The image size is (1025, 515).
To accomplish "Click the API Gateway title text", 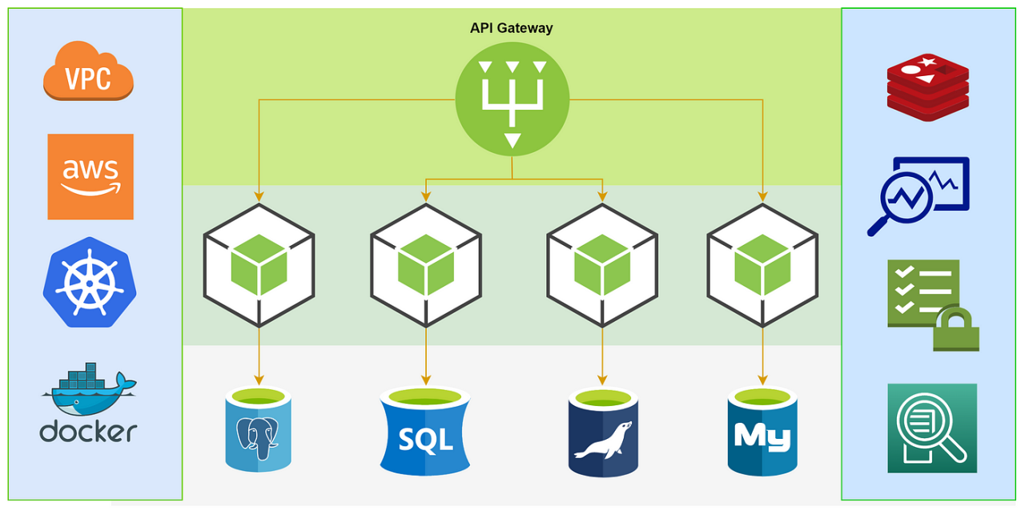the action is click(x=511, y=28).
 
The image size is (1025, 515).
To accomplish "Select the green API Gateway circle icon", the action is click(x=512, y=99).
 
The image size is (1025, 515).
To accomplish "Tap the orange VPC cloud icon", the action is click(x=88, y=70).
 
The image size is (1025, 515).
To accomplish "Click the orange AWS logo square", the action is click(x=90, y=177).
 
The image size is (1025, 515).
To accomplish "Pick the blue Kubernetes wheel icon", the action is click(x=90, y=282).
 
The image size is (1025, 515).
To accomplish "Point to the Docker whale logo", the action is click(x=89, y=389).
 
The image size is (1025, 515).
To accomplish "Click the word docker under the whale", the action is click(x=88, y=431).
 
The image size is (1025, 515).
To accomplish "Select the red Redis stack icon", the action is click(x=927, y=87).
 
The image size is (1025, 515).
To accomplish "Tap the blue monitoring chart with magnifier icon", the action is click(x=918, y=196).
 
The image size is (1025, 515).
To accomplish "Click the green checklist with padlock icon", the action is click(x=933, y=305).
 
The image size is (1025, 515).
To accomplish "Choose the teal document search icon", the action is click(x=932, y=428).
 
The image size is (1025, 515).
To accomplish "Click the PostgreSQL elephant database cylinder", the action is click(x=259, y=429).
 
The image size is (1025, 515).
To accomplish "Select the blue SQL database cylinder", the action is click(x=425, y=432).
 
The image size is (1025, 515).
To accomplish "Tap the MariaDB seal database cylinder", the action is click(x=603, y=433).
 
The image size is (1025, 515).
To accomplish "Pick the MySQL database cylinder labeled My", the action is click(x=762, y=433).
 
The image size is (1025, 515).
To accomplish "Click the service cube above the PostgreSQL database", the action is click(x=259, y=266).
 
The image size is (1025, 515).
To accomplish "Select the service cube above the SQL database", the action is click(x=426, y=266).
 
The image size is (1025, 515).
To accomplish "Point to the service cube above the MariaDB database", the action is click(x=602, y=266).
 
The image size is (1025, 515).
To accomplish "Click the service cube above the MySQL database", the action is click(x=762, y=266).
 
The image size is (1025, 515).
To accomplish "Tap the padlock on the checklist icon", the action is click(x=956, y=331).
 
